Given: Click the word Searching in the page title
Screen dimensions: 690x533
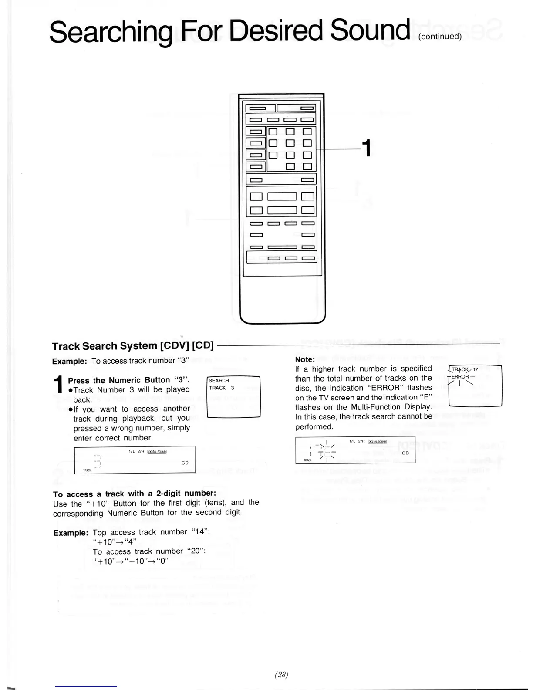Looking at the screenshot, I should point(111,31).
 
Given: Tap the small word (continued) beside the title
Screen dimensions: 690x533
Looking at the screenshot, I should point(439,37).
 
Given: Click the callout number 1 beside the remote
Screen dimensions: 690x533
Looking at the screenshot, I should point(367,148).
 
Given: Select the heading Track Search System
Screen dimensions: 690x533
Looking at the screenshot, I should point(105,346).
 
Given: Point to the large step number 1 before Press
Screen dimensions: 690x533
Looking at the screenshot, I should point(58,385).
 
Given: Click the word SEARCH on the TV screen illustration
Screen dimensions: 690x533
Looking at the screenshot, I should point(219,381).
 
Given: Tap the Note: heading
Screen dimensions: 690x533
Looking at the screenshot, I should point(305,359).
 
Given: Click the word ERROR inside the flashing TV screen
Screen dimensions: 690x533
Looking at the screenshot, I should point(460,377).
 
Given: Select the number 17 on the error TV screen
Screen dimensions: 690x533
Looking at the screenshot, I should point(475,369).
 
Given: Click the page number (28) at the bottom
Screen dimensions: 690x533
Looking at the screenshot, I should point(281,675).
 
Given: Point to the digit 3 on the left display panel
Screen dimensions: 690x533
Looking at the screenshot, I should point(98,460).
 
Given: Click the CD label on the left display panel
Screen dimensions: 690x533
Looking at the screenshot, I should point(185,463).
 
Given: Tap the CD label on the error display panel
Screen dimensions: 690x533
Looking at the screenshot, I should point(405,453).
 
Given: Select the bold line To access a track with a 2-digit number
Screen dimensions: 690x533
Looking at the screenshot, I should point(135,494).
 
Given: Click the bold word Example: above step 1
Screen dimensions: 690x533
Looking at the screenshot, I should point(69,362).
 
